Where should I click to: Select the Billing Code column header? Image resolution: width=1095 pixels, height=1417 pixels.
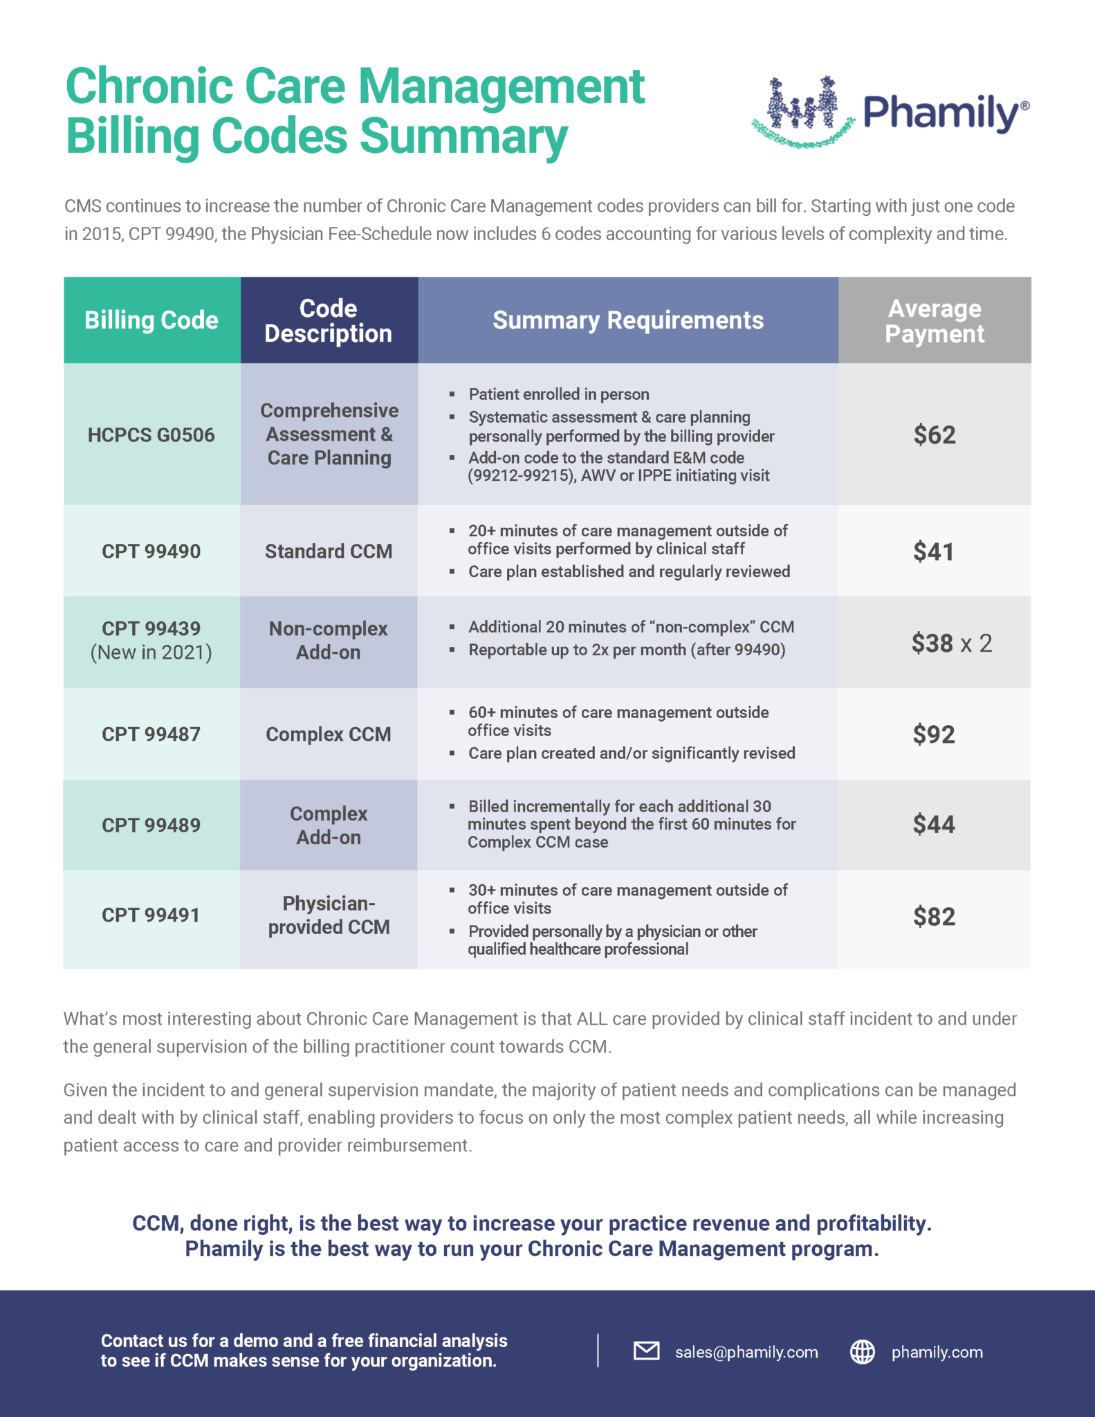tap(151, 320)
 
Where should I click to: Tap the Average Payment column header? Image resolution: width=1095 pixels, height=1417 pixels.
tap(934, 320)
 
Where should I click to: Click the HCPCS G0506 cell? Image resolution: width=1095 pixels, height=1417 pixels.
tap(151, 435)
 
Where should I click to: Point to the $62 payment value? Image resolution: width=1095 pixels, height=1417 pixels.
tap(934, 435)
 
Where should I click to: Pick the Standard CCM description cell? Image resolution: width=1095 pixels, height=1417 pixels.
tap(329, 551)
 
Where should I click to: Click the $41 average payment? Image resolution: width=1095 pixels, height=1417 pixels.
tap(933, 551)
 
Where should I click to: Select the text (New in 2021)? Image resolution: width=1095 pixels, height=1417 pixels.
tap(151, 652)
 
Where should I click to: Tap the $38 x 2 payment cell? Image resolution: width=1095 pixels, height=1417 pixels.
tap(951, 643)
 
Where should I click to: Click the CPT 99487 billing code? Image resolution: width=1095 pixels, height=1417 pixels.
tap(151, 734)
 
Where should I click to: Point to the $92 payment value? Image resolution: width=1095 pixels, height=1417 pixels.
tap(933, 734)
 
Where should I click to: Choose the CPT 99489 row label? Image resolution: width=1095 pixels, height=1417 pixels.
tap(151, 825)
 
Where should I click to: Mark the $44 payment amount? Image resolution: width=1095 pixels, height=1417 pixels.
tap(933, 824)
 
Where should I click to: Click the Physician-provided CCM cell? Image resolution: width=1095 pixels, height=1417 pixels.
tap(329, 915)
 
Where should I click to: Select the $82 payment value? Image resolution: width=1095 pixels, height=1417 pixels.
tap(934, 917)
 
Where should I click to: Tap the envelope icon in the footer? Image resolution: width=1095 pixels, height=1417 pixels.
tap(646, 1351)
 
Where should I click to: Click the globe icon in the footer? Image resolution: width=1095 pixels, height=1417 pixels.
tap(862, 1351)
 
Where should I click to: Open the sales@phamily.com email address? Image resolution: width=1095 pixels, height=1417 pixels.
tap(746, 1352)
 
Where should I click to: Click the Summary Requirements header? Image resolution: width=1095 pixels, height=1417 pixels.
tap(627, 320)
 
